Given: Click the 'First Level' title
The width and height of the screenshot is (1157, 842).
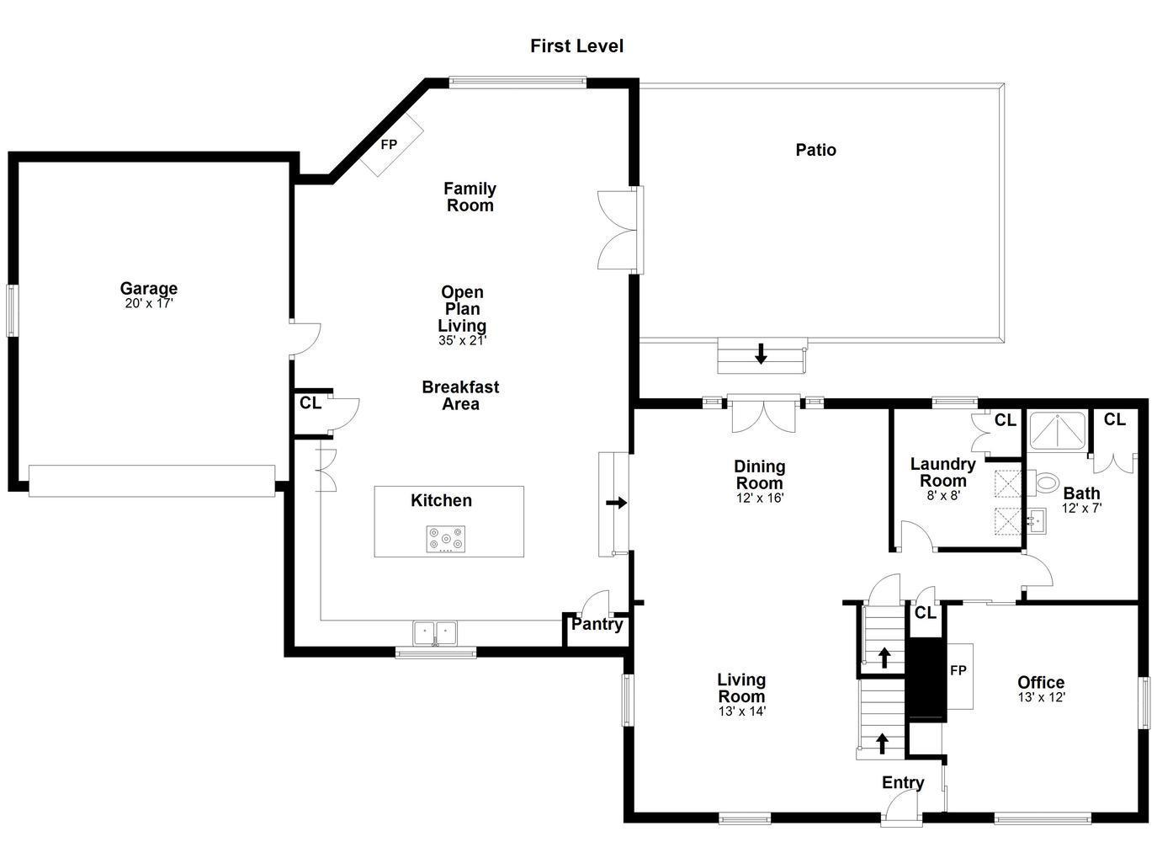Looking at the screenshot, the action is pyautogui.click(x=576, y=46).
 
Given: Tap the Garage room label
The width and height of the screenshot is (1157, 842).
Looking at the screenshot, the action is pyautogui.click(x=149, y=287).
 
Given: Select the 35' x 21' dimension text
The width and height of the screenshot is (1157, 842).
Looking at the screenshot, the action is pyautogui.click(x=462, y=340).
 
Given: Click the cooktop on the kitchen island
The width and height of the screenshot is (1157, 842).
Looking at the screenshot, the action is pyautogui.click(x=445, y=539).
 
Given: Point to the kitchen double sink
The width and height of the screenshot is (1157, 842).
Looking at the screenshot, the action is pyautogui.click(x=435, y=632).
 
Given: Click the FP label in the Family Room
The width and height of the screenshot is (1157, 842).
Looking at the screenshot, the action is pyautogui.click(x=389, y=144).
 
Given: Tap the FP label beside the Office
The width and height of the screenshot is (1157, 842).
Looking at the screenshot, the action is pyautogui.click(x=958, y=670).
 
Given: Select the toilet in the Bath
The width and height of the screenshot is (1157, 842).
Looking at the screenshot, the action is pyautogui.click(x=1043, y=483).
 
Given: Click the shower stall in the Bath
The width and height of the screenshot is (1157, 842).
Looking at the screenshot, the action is pyautogui.click(x=1057, y=430).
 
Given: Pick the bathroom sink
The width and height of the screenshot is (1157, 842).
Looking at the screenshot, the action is pyautogui.click(x=1036, y=521).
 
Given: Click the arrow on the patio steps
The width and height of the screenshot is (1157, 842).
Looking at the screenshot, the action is pyautogui.click(x=761, y=354).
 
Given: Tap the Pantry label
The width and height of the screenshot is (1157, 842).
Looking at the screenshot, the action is pyautogui.click(x=597, y=625).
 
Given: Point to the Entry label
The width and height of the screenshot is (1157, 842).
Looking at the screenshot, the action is pyautogui.click(x=903, y=782).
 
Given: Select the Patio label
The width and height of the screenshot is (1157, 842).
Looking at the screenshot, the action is pyautogui.click(x=815, y=150).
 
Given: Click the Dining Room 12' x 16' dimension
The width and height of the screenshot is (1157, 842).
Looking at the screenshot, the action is pyautogui.click(x=760, y=498).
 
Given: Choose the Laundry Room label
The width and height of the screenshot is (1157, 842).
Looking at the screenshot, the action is pyautogui.click(x=942, y=472).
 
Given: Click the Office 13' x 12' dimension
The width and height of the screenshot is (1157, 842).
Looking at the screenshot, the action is pyautogui.click(x=1042, y=697).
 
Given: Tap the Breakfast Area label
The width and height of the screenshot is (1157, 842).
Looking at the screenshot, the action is pyautogui.click(x=460, y=396).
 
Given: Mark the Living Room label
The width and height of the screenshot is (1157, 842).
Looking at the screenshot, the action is pyautogui.click(x=741, y=688).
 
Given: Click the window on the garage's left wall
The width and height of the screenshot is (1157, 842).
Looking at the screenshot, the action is pyautogui.click(x=12, y=311).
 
